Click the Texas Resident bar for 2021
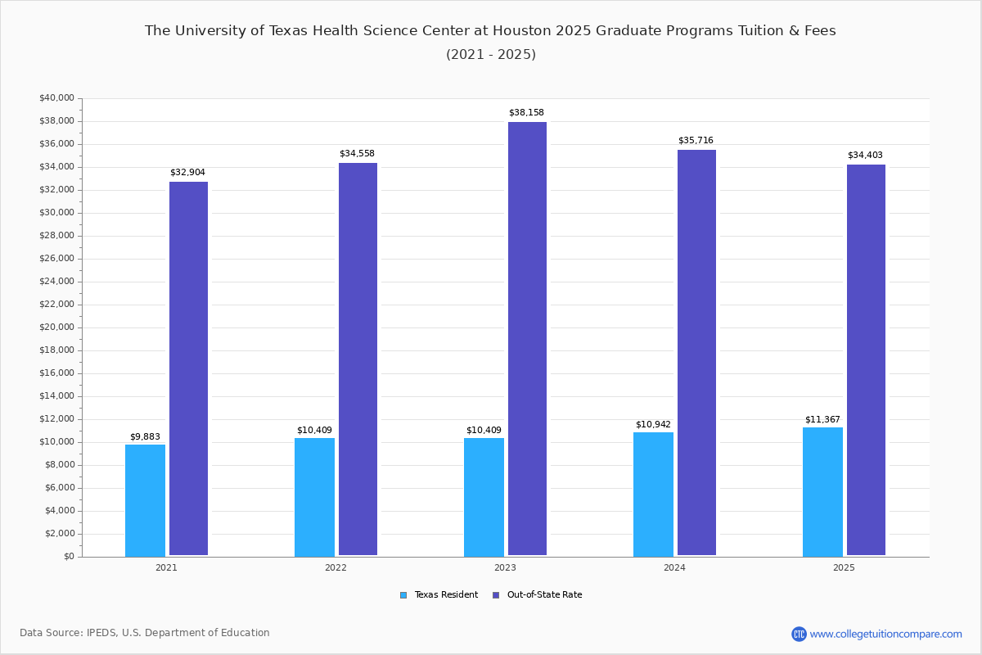145,500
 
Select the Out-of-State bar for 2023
527,339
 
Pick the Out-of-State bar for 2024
696,353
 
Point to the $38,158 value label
526,112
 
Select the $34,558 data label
357,153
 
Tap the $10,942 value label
653,424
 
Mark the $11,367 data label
822,419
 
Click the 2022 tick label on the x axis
336,567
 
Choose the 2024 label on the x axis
674,567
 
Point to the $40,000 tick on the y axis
56,98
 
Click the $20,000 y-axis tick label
56,327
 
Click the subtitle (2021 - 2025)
491,54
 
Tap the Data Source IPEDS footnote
145,633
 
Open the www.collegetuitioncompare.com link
885,634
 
